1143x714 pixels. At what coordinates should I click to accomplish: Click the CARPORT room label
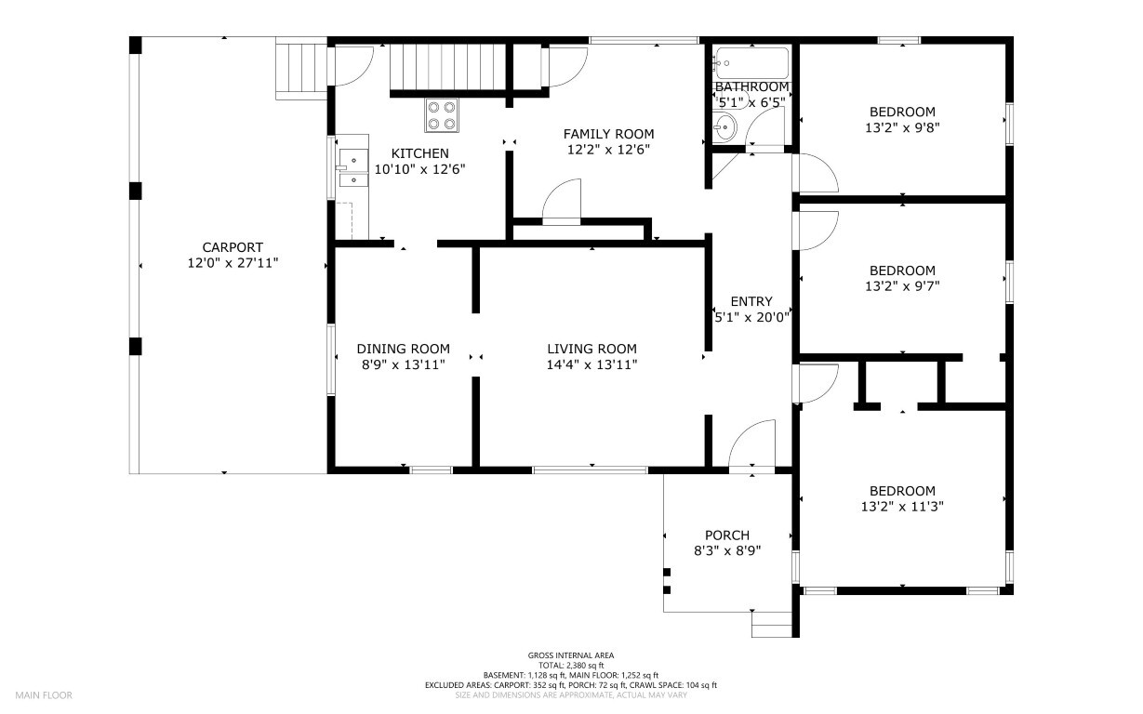click(233, 247)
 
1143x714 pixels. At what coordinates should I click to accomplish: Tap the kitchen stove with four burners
click(442, 115)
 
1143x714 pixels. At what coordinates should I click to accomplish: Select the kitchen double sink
click(353, 167)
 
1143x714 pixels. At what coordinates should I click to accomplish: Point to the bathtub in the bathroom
click(751, 63)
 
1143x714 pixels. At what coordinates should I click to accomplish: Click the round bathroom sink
click(724, 127)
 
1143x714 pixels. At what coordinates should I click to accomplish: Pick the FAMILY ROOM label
click(609, 134)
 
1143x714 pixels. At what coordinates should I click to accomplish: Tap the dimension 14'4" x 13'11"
click(591, 364)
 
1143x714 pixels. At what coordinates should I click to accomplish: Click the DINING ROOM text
click(403, 349)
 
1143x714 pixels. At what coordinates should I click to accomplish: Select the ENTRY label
click(751, 301)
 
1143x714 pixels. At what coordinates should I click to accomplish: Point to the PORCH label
click(727, 535)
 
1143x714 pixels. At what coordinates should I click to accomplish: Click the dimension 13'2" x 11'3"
click(902, 507)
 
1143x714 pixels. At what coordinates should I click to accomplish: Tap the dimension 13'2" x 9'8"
click(902, 127)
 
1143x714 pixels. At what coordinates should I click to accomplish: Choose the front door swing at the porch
click(752, 443)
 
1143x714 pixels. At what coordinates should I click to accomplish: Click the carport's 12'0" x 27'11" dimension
click(233, 263)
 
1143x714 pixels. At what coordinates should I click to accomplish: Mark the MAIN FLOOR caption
click(44, 695)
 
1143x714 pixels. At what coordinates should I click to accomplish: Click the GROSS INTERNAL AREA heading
click(571, 655)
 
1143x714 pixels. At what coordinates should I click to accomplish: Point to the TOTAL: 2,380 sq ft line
click(571, 666)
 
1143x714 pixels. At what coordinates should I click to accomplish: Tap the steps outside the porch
click(772, 625)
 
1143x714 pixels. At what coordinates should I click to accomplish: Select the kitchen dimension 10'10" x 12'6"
click(420, 169)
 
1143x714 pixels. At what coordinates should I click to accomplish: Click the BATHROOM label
click(751, 87)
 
